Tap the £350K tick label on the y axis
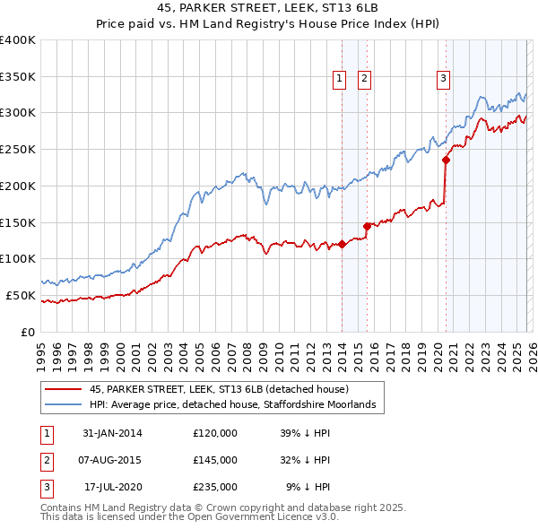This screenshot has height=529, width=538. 18,76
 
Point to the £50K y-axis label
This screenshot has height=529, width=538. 21,295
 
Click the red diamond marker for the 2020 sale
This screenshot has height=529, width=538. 446,160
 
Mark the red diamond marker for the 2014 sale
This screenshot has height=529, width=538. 343,244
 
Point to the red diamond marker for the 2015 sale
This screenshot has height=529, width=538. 367,226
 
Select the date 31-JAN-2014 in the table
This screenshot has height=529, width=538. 112,433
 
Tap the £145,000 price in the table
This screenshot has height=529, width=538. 215,460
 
